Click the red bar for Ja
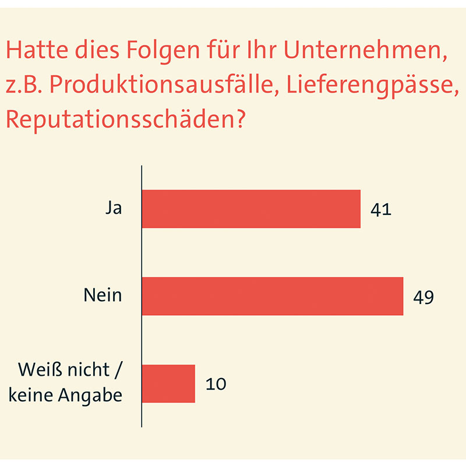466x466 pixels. pos(251,209)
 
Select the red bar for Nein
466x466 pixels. pos(273,296)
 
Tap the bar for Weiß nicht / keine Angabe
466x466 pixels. pos(168,383)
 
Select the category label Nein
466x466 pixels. pos(103,295)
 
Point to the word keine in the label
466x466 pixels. pos(32,396)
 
